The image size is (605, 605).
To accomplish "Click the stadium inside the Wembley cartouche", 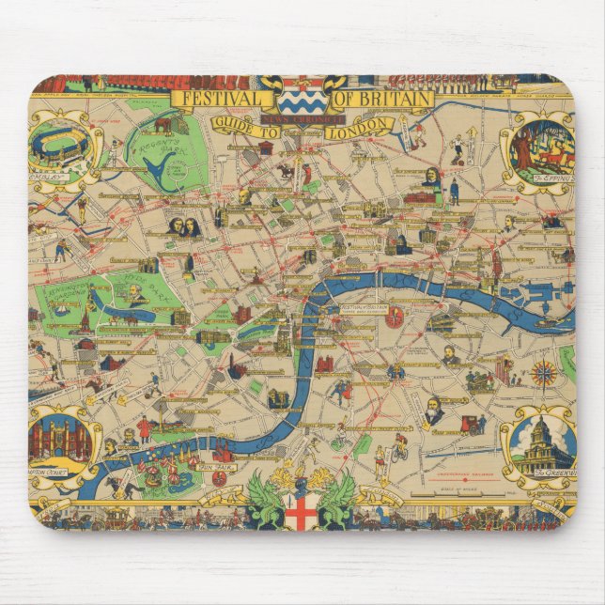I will tap(61, 145).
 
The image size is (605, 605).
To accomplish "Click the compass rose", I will tap(543, 374).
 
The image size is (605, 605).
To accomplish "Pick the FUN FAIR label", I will tap(167, 490).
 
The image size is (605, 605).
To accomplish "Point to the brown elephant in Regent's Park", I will tap(163, 125).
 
